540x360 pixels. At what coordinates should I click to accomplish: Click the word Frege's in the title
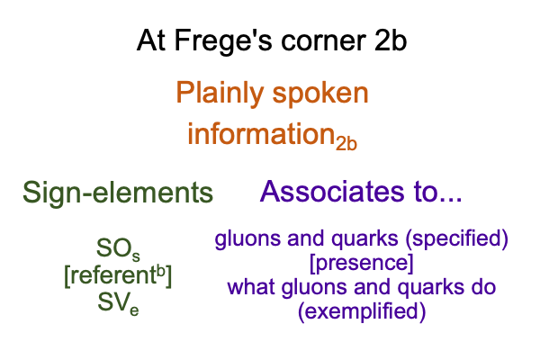pyautogui.click(x=223, y=41)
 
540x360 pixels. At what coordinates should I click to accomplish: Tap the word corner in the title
pyautogui.click(x=323, y=41)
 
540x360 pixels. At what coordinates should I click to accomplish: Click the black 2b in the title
pyautogui.click(x=391, y=40)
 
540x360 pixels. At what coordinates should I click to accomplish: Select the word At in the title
pyautogui.click(x=152, y=40)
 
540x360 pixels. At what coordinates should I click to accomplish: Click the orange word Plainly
pyautogui.click(x=220, y=94)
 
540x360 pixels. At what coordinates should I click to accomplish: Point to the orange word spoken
pyautogui.click(x=320, y=94)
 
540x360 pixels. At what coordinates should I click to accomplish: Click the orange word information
pyautogui.click(x=261, y=133)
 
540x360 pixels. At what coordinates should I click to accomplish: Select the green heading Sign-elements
pyautogui.click(x=118, y=193)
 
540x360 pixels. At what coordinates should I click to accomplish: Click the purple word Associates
pyautogui.click(x=332, y=192)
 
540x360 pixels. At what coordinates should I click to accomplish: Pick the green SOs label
pyautogui.click(x=118, y=249)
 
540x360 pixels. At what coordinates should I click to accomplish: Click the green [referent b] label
pyautogui.click(x=118, y=275)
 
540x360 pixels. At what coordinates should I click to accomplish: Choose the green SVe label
pyautogui.click(x=118, y=303)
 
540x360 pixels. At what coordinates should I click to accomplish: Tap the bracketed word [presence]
pyautogui.click(x=362, y=264)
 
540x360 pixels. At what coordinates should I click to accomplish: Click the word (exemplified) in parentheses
pyautogui.click(x=362, y=311)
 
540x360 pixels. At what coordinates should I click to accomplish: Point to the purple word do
pyautogui.click(x=483, y=287)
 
